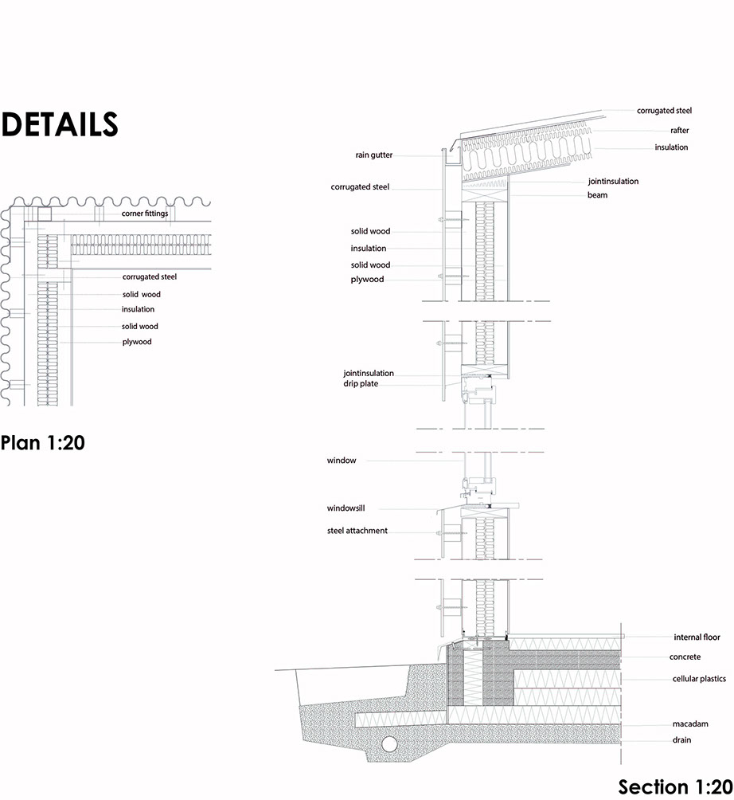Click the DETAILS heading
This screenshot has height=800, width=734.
60,124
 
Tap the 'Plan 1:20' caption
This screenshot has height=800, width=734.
43,442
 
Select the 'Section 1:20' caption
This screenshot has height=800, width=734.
675,786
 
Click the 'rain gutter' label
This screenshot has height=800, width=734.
373,155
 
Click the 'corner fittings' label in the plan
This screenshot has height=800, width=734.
145,214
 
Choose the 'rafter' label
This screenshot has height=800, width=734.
679,131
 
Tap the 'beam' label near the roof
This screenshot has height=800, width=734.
597,195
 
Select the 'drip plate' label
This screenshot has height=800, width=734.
361,384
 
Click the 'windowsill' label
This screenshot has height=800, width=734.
346,508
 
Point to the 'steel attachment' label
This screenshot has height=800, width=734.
357,531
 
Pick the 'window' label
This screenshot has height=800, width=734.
342,461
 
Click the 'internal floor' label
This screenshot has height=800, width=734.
697,637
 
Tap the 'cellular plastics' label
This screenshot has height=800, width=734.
699,679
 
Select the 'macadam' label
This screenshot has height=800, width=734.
690,724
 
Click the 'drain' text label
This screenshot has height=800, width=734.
681,739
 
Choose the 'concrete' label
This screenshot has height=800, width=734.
685,657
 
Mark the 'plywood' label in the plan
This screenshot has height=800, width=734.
137,342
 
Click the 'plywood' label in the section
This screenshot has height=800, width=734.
367,280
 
